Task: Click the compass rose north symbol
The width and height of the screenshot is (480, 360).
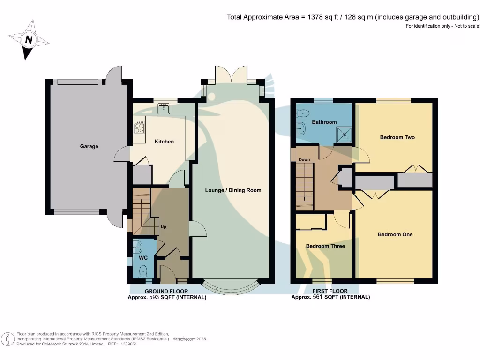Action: [29, 40]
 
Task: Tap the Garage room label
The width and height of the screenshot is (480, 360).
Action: [89, 146]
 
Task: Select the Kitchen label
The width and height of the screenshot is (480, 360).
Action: [164, 142]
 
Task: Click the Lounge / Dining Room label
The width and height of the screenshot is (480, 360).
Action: [233, 190]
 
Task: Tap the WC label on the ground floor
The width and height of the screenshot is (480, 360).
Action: [143, 258]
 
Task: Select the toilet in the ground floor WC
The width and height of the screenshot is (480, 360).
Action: [143, 270]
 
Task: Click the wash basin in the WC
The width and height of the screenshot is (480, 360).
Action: [136, 245]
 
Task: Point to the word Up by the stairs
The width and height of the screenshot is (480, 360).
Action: [164, 227]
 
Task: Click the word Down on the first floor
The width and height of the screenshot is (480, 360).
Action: [304, 160]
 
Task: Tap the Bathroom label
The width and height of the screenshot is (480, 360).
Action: [324, 122]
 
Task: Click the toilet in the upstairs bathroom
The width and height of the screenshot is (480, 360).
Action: [302, 112]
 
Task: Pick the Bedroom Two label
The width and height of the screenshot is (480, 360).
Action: [397, 137]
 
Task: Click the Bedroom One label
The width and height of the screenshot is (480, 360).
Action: [395, 234]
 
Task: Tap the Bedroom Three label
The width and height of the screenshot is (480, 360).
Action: [325, 246]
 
